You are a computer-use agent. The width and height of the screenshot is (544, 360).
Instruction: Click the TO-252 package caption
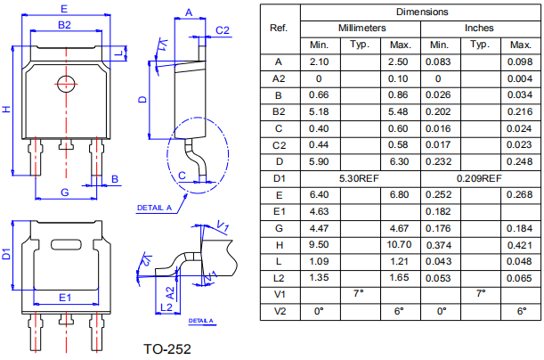tap(166, 348)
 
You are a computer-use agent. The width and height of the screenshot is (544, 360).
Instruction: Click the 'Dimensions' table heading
tap(422, 12)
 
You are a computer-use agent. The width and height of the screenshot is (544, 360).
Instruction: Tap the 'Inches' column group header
tap(478, 29)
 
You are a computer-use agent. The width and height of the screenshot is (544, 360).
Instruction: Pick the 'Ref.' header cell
tap(279, 29)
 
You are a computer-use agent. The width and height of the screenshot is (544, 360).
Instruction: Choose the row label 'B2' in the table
tap(279, 111)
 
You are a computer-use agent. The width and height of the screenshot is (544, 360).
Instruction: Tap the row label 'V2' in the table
tap(279, 311)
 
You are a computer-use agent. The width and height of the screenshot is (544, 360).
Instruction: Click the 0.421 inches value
tap(517, 244)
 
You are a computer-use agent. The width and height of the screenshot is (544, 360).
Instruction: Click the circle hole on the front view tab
tap(64, 84)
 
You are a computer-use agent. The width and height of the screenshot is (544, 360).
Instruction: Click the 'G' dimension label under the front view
tap(64, 192)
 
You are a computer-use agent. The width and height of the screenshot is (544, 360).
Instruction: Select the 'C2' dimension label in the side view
tap(223, 30)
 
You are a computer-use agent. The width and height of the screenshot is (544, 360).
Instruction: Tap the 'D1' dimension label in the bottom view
tap(7, 255)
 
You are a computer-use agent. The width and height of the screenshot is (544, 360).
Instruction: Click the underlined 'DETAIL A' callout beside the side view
tap(153, 208)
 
